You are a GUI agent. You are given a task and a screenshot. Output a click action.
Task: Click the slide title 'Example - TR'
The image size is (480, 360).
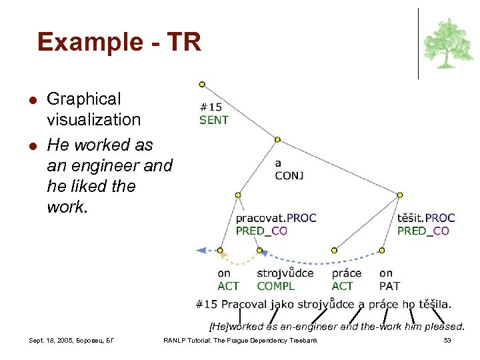[119, 42]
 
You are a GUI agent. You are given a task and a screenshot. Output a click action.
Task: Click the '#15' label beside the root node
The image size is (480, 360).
[211, 107]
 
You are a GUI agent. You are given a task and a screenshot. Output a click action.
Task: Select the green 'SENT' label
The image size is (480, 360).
[214, 120]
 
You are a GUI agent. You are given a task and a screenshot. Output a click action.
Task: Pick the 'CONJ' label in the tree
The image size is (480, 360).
[289, 176]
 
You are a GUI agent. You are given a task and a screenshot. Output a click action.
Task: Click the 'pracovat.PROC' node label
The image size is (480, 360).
[276, 218]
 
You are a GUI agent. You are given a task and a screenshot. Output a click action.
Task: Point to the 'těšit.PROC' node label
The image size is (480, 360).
[426, 218]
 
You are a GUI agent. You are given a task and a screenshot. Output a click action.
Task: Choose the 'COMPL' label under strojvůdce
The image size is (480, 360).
[275, 286]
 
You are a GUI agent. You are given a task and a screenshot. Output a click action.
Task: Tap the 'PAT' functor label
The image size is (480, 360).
[389, 286]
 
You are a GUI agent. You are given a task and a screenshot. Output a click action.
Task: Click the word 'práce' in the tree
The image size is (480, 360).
[346, 273]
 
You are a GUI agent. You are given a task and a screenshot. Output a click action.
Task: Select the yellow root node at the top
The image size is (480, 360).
[202, 85]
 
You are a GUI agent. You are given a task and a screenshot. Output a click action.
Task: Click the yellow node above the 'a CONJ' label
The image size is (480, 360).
[277, 139]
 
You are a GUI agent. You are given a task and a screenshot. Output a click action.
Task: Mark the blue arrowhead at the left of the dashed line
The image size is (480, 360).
[201, 251]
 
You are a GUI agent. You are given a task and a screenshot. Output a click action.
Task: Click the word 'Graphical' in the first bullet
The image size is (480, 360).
[84, 99]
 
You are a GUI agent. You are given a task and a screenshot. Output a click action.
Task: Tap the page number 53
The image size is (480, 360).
[447, 341]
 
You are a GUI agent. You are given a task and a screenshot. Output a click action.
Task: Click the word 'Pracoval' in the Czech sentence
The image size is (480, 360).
[244, 305]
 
